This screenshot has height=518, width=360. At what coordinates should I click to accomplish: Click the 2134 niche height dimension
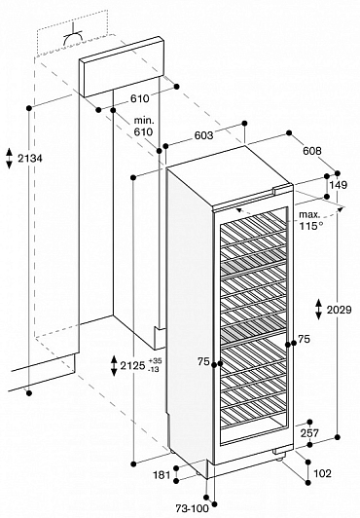click(x=30, y=159)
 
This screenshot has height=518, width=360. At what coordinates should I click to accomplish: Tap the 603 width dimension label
click(x=203, y=135)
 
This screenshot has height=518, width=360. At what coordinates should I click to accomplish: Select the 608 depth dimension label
click(x=311, y=151)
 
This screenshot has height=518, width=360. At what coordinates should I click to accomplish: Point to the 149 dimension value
click(x=339, y=185)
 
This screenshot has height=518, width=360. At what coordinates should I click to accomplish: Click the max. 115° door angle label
click(x=309, y=220)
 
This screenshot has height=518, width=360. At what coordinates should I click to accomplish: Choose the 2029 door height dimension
click(x=339, y=310)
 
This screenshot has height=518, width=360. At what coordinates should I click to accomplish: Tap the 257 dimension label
click(x=309, y=432)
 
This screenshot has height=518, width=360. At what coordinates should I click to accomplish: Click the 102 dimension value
click(x=322, y=473)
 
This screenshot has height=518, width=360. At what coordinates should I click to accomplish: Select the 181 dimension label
click(x=162, y=475)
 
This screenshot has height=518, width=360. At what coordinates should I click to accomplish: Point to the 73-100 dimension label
click(x=193, y=508)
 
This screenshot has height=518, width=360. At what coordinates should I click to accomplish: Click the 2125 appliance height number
click(x=132, y=365)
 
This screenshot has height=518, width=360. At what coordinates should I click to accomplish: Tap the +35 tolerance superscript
click(x=155, y=360)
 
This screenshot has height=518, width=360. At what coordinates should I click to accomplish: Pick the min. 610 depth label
click(x=144, y=127)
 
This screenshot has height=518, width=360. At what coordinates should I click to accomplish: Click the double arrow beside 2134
click(x=9, y=159)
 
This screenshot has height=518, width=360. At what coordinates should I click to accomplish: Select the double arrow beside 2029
click(x=318, y=310)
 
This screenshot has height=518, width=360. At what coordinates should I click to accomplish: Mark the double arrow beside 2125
click(x=114, y=365)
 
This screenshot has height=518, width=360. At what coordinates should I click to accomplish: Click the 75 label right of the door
click(x=304, y=339)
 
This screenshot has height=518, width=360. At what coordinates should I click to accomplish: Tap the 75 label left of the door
click(x=204, y=362)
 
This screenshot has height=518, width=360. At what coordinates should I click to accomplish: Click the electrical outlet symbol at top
click(x=73, y=37)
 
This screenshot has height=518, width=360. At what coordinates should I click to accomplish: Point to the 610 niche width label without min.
click(x=139, y=98)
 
